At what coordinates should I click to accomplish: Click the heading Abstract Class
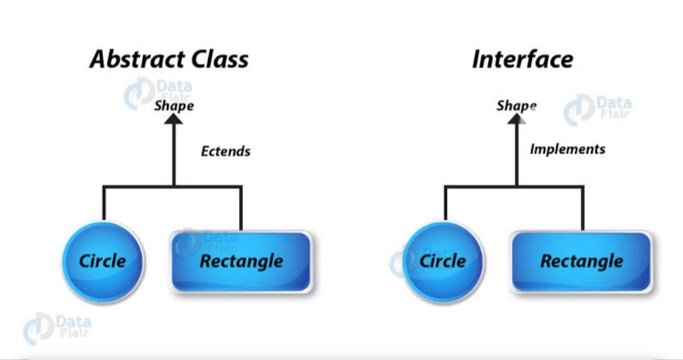(169, 59)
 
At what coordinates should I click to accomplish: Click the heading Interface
(522, 59)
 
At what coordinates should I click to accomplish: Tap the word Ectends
(226, 151)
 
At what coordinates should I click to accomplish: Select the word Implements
(567, 149)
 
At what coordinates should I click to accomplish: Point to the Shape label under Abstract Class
(174, 106)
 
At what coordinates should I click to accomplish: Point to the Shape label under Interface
(516, 106)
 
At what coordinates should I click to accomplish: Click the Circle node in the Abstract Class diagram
(102, 261)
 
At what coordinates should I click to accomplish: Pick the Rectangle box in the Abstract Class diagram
(241, 261)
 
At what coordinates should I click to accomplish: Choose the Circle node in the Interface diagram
(443, 261)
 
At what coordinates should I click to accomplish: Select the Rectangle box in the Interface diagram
(581, 261)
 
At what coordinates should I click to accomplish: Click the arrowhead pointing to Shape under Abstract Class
(174, 119)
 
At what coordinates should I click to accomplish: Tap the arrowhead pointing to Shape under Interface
(516, 119)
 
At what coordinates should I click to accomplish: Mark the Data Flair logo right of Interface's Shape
(598, 109)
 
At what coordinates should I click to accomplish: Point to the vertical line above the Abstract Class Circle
(103, 202)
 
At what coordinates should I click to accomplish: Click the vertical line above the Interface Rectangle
(582, 208)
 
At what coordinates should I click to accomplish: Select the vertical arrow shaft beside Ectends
(174, 155)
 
